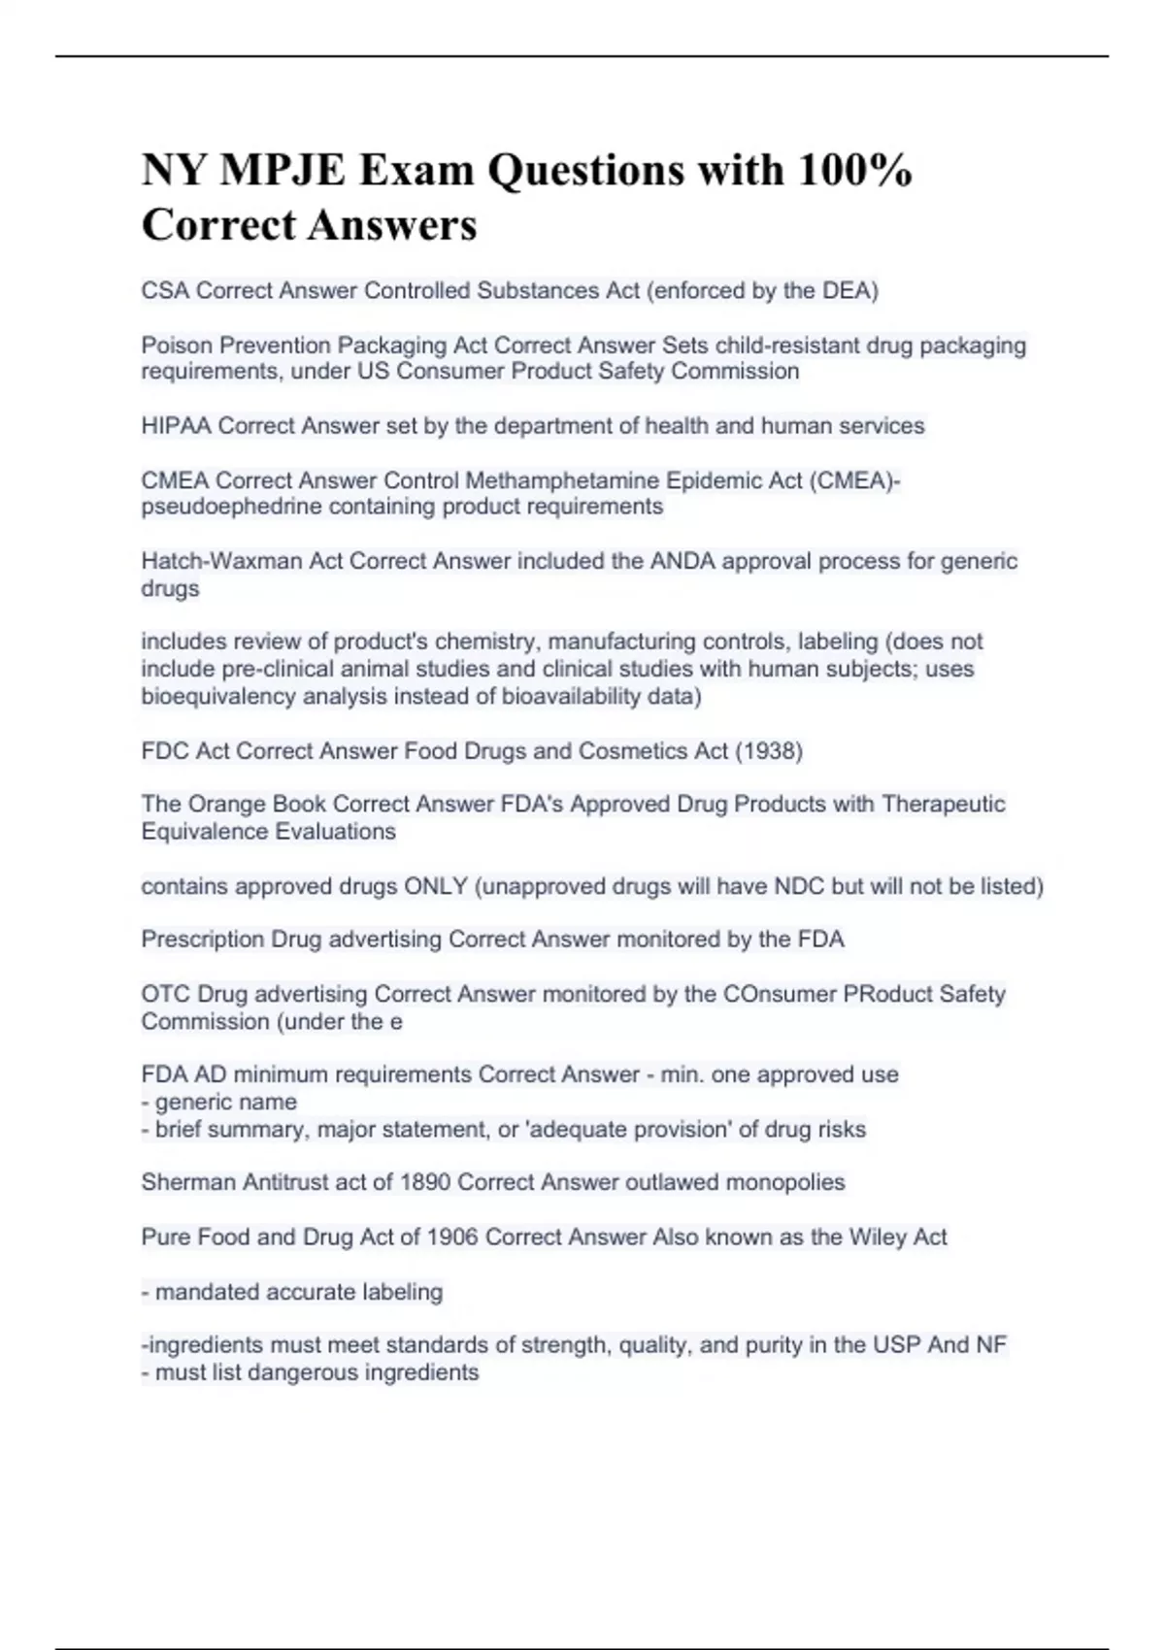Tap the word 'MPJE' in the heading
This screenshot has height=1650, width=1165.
pos(282,171)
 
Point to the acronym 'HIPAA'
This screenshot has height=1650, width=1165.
pos(176,425)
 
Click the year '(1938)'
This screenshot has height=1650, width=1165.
pos(769,750)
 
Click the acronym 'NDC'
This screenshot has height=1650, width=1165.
pos(797,886)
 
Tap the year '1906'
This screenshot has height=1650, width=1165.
pos(452,1237)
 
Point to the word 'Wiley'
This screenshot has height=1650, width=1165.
pos(878,1237)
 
